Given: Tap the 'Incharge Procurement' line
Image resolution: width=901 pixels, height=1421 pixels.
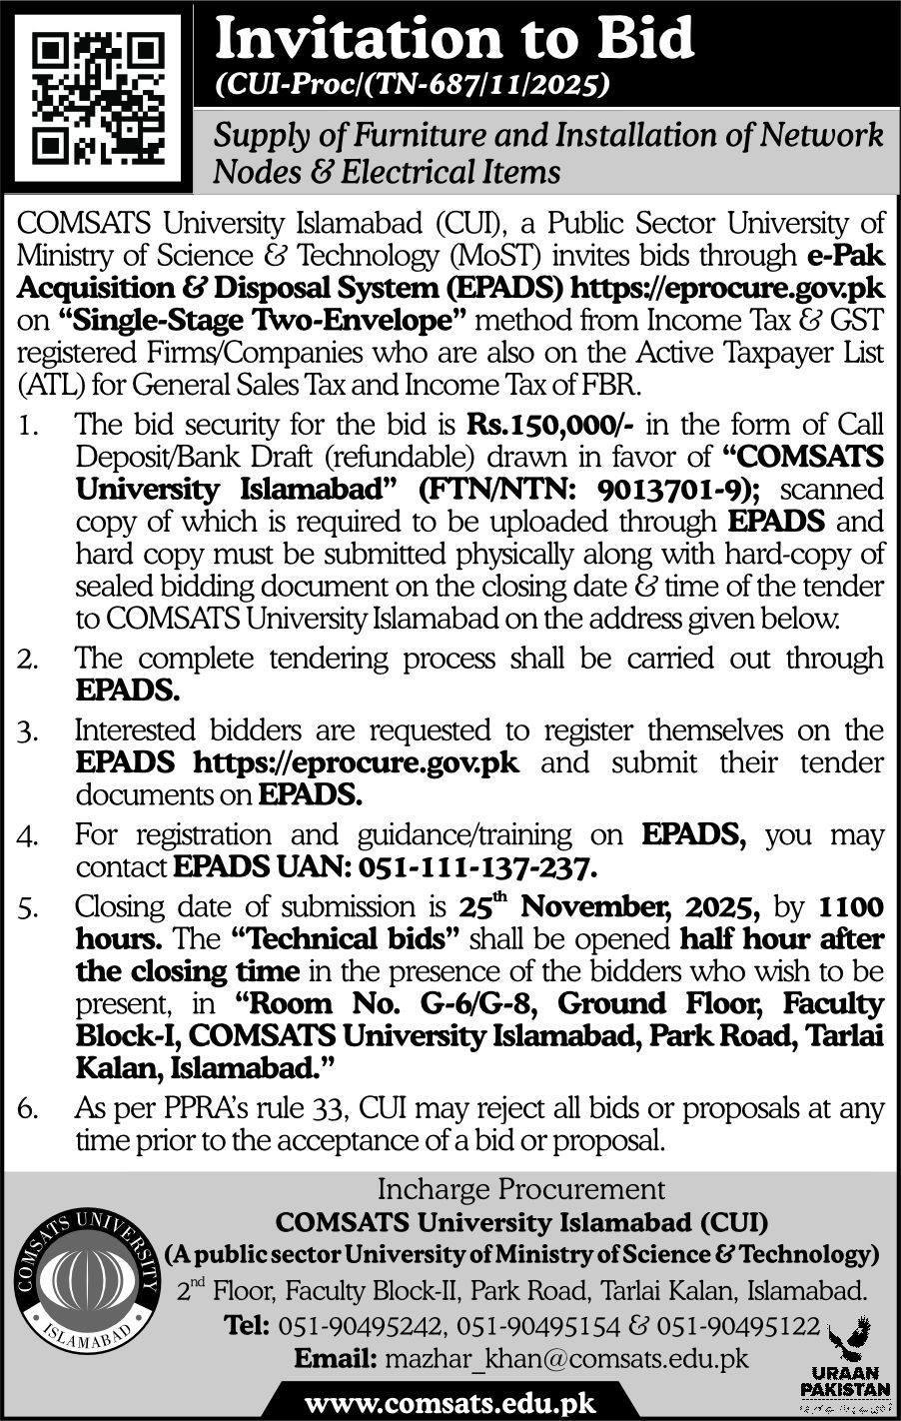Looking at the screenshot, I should pyautogui.click(x=520, y=1189).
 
